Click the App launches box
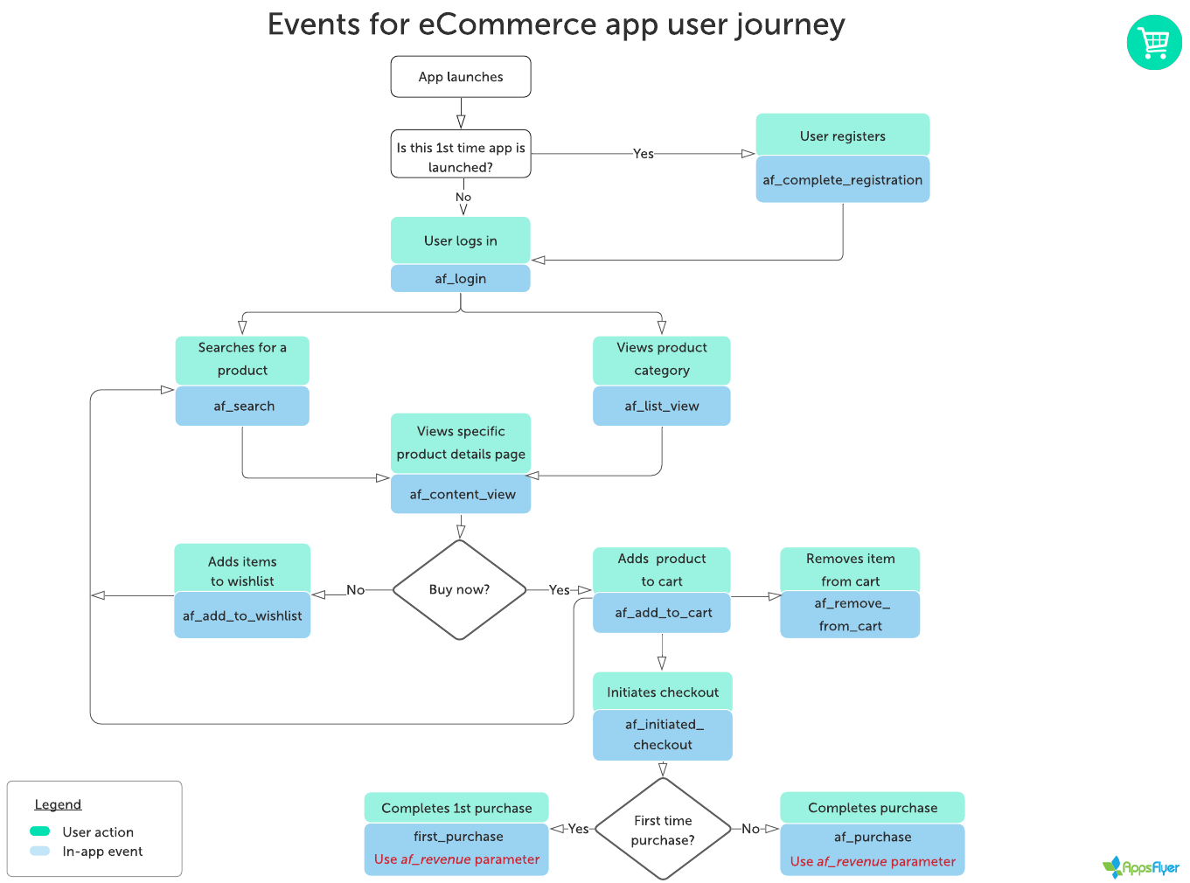point(460,77)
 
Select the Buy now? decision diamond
point(460,589)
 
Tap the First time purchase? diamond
point(663,829)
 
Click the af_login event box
point(460,279)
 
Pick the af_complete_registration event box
point(842,180)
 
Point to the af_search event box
point(242,407)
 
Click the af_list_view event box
point(661,407)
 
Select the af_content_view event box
point(461,495)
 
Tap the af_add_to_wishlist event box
point(242,615)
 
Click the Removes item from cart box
point(850,570)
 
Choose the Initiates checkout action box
point(663,692)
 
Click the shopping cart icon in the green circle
point(1154,42)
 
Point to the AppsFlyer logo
point(1141,867)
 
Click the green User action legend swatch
point(40,831)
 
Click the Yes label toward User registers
point(644,154)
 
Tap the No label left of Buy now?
point(355,590)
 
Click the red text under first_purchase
point(456,859)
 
